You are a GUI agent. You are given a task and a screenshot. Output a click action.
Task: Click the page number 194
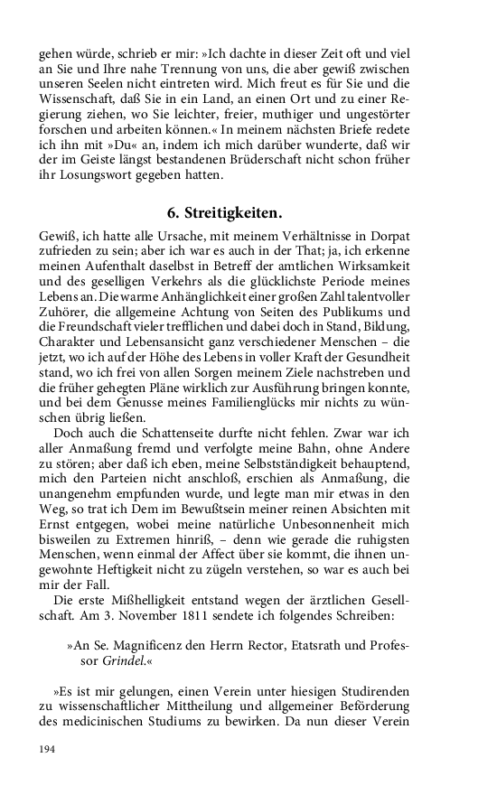pos(47,750)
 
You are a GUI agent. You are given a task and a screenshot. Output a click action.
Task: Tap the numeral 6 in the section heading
pos(172,213)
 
